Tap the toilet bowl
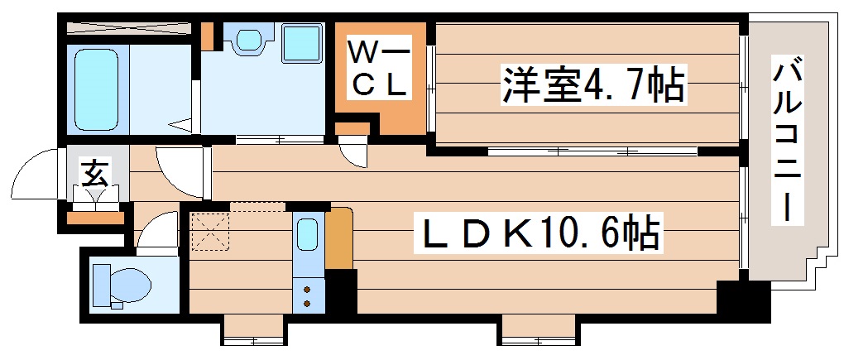point(122,284)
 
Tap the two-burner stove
point(307,295)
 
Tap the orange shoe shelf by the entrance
point(94,218)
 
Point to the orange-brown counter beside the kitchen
point(339,238)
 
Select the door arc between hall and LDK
point(179,169)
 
